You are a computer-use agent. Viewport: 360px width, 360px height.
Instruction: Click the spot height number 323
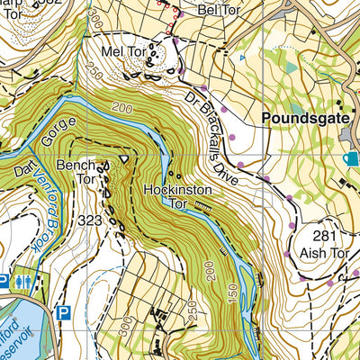90,219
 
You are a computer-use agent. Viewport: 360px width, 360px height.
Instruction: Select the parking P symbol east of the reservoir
63,313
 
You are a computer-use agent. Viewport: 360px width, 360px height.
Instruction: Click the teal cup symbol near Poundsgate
349,158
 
